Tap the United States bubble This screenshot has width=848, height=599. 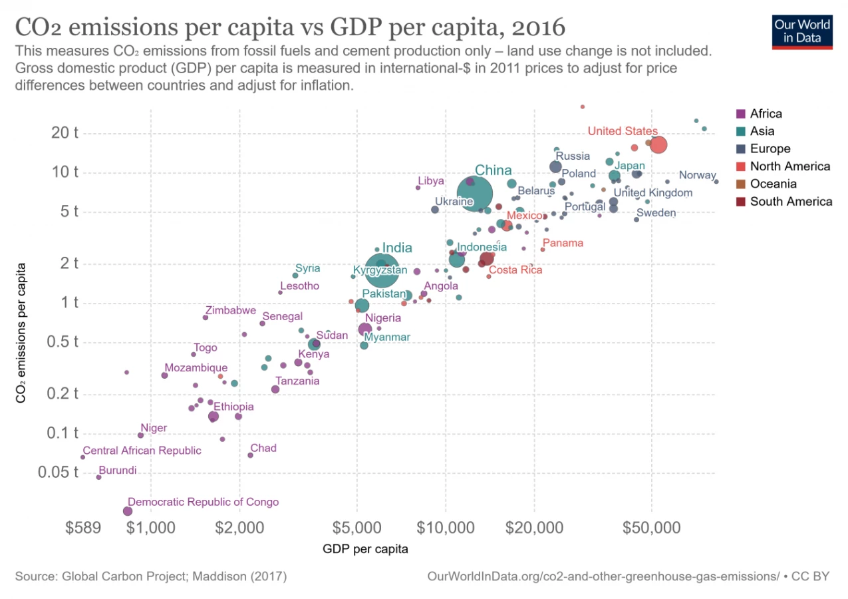click(658, 144)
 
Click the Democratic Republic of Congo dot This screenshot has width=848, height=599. click(128, 511)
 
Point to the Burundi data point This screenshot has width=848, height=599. click(99, 477)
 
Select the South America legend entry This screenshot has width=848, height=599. click(791, 201)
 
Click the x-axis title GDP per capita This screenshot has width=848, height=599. click(365, 550)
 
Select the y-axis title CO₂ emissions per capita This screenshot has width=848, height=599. click(21, 333)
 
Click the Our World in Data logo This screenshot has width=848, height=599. click(802, 31)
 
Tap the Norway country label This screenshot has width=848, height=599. click(697, 176)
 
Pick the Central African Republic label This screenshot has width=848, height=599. click(142, 451)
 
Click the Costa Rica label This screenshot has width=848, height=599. click(515, 270)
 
